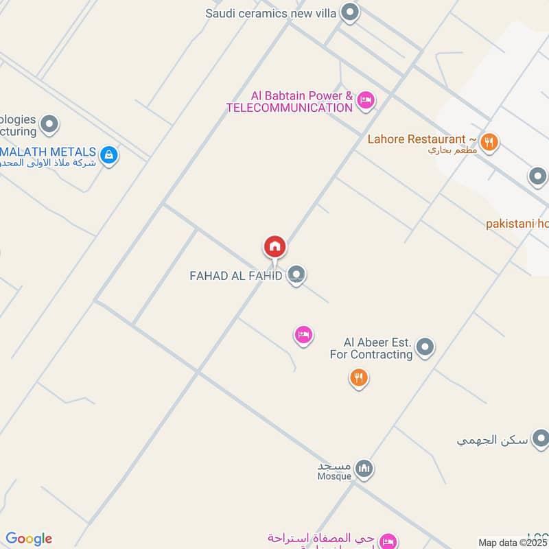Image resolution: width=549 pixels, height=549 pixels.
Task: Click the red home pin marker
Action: tap(274, 246)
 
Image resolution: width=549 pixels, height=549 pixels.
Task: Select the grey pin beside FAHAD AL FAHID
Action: tap(296, 275)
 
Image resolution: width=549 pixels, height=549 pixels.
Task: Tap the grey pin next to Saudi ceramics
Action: tap(351, 12)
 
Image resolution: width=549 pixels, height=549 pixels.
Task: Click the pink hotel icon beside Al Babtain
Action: tap(366, 101)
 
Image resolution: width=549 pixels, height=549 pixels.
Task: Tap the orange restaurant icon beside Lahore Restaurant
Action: tap(489, 142)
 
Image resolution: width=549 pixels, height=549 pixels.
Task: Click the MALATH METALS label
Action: tap(48, 152)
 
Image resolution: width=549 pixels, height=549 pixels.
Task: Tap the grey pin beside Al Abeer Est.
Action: tap(425, 347)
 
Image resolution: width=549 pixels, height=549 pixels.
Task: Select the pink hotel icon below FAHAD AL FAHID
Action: tap(303, 335)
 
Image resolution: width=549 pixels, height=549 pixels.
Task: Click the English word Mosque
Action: tap(334, 476)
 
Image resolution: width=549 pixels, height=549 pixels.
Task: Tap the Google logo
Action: tap(29, 539)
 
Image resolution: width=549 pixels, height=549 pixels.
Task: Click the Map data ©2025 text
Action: tap(513, 543)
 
